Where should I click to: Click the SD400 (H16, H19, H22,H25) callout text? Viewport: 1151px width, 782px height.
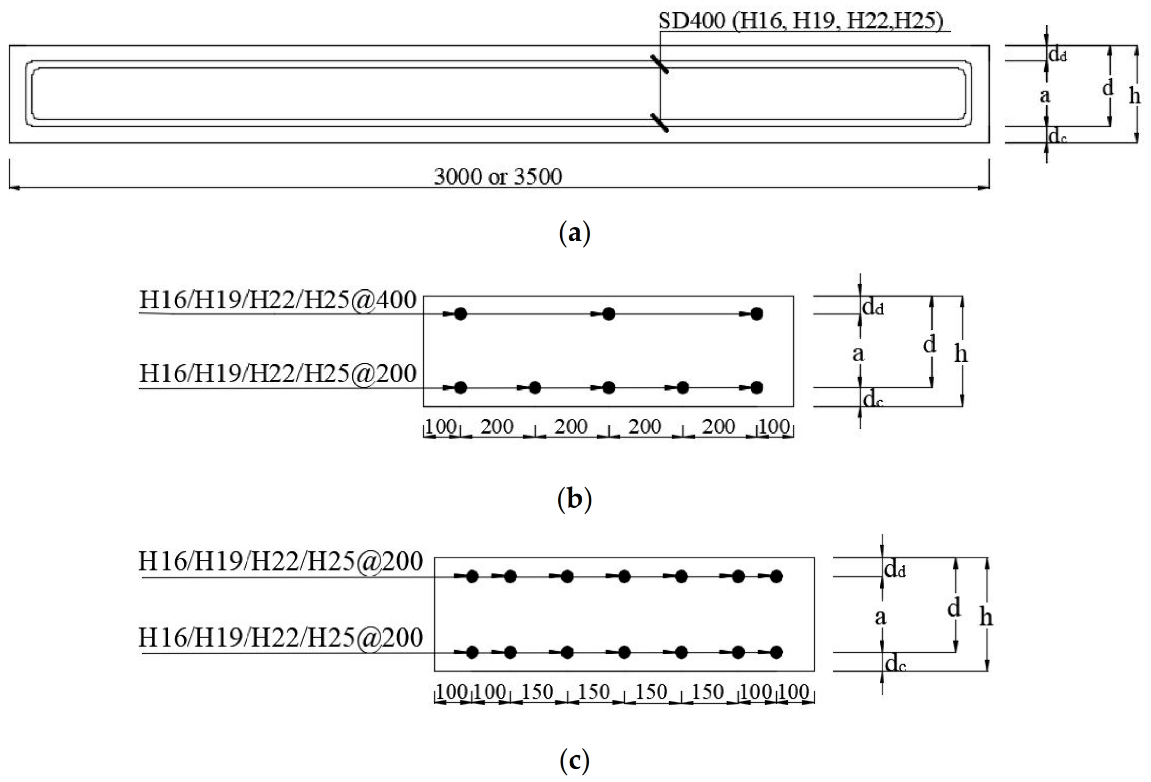click(x=800, y=21)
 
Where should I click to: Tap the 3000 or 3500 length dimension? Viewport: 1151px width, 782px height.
click(x=498, y=177)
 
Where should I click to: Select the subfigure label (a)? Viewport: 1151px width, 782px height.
click(x=574, y=232)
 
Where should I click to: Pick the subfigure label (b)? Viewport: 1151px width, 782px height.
click(x=574, y=499)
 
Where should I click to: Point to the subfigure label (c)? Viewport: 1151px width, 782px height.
click(x=574, y=759)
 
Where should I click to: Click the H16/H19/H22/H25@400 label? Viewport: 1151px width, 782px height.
click(x=278, y=300)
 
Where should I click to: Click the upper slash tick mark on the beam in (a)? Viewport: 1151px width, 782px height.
click(x=659, y=64)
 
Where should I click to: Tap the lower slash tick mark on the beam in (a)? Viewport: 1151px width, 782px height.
click(x=659, y=123)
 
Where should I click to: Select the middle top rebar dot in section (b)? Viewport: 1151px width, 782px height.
click(x=609, y=314)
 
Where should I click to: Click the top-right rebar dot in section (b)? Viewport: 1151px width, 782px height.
click(x=757, y=314)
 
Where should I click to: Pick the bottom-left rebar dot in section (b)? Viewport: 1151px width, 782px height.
click(x=461, y=388)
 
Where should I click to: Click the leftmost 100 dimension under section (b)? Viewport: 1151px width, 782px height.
click(x=441, y=427)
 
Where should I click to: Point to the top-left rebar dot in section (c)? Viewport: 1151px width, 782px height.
click(x=472, y=576)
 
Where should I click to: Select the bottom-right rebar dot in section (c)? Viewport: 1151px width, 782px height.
click(x=776, y=652)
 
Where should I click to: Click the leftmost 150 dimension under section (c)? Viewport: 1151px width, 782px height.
click(x=538, y=692)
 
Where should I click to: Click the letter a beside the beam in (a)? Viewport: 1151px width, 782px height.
click(x=1045, y=96)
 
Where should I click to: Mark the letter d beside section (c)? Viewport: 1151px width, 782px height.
click(x=954, y=607)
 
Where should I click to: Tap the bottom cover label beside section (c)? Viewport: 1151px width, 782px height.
click(x=894, y=664)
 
